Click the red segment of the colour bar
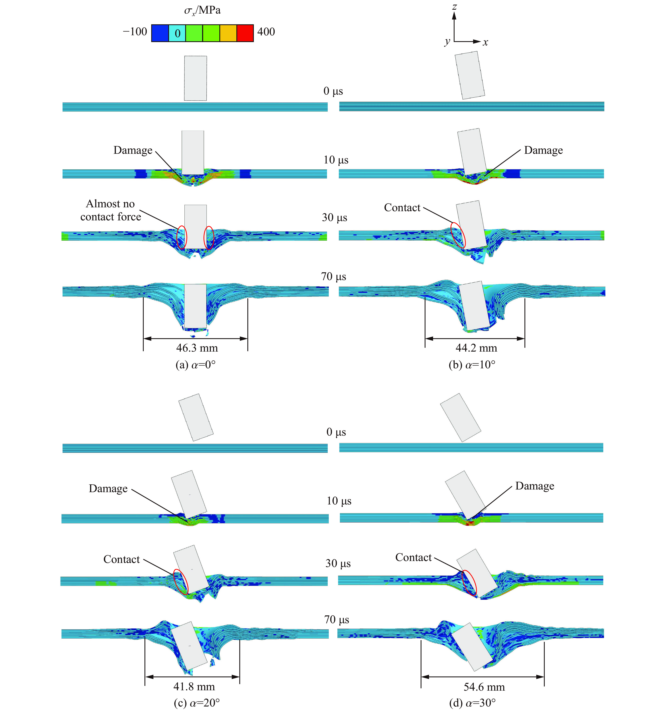245,33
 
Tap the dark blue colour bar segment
160,33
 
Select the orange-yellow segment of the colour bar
228,33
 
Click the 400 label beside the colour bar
266,32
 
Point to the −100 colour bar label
135,32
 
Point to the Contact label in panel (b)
402,208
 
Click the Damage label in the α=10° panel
543,150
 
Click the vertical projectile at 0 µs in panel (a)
195,78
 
